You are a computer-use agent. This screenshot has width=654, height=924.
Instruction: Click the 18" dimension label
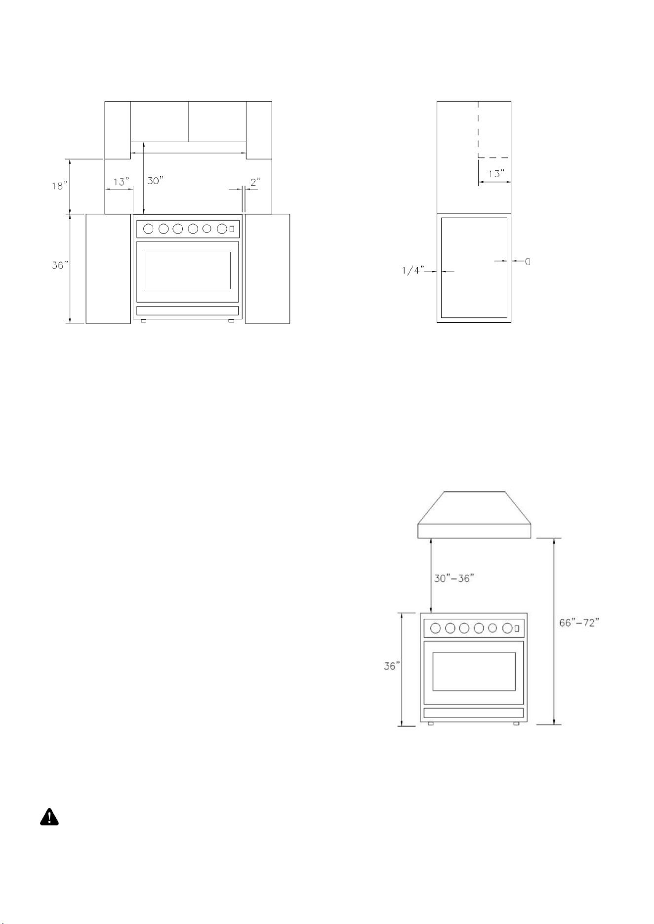coord(60,186)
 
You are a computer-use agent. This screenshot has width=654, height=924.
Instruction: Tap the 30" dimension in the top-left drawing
coord(155,181)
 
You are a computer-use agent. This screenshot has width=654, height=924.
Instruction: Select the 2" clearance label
coord(255,182)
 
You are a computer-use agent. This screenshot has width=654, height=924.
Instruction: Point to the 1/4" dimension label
coord(413,271)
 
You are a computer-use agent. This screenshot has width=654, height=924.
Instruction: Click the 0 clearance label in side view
coord(528,262)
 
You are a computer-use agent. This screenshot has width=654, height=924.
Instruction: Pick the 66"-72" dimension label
coord(579,623)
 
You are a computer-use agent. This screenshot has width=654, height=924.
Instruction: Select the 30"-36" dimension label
coord(454,578)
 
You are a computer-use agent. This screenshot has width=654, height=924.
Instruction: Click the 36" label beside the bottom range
coord(391,666)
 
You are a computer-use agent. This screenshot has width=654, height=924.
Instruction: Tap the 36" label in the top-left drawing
coord(60,266)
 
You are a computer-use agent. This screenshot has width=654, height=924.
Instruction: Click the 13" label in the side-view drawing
coord(496,174)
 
